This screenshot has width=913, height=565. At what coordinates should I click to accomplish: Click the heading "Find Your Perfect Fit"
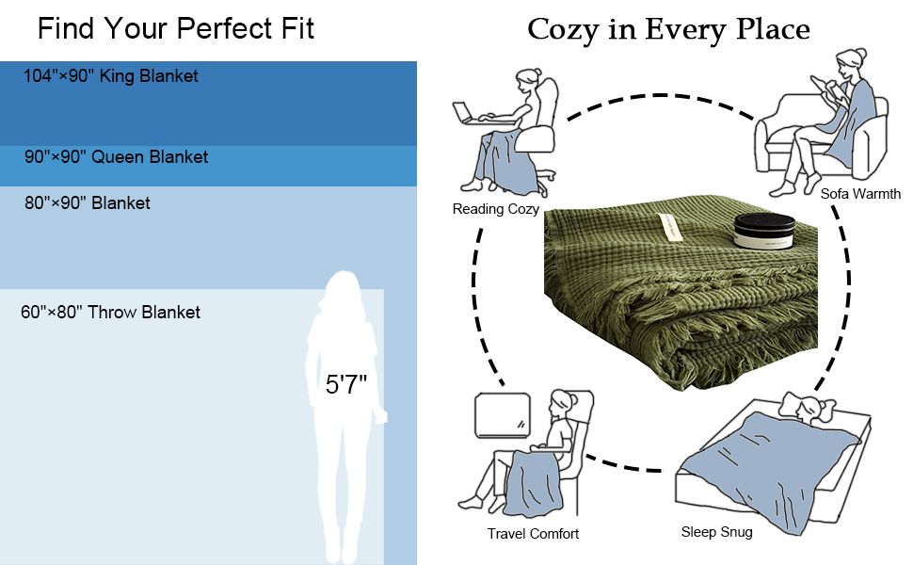(176, 28)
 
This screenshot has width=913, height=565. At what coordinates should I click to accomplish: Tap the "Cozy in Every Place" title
(668, 29)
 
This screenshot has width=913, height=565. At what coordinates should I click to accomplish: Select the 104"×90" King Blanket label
(111, 76)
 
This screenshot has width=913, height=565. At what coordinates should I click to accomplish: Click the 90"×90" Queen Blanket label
(116, 157)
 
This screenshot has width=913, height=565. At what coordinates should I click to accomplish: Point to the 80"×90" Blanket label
(88, 202)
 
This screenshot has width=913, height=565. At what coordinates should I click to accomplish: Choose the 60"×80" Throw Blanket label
(110, 312)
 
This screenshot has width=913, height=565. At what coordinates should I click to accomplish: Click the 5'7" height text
(345, 384)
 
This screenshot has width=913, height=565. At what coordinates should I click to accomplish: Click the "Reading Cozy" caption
(496, 209)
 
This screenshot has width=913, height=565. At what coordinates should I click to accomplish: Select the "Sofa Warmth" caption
(860, 194)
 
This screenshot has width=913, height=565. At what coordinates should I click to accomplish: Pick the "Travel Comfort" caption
(533, 534)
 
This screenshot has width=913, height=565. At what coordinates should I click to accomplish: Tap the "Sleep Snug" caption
(716, 532)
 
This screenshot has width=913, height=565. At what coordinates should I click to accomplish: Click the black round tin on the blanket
(763, 231)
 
